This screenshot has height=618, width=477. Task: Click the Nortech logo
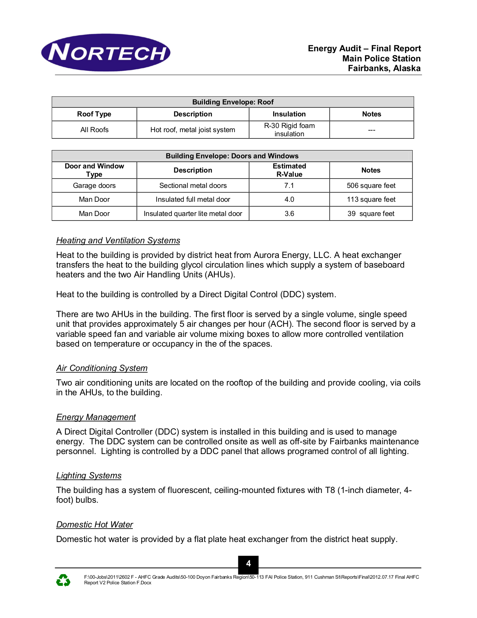(x=106, y=53)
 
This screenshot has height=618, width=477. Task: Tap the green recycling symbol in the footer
(x=63, y=580)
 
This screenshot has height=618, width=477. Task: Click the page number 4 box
(x=248, y=564)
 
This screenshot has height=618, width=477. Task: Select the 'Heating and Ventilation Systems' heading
(x=118, y=241)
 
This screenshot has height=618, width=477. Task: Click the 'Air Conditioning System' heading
(x=102, y=368)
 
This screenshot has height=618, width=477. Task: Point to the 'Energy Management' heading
(x=96, y=417)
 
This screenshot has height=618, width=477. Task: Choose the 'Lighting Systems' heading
(x=89, y=476)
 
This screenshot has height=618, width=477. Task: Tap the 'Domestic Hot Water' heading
(x=95, y=525)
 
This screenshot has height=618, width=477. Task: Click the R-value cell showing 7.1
(x=289, y=186)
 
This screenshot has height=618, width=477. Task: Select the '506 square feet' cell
(x=371, y=186)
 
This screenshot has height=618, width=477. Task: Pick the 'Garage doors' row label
(x=94, y=186)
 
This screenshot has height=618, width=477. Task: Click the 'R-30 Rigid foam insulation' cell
(x=289, y=130)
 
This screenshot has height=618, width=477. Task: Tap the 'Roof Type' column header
(x=94, y=114)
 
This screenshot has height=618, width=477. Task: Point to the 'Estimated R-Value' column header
(x=289, y=170)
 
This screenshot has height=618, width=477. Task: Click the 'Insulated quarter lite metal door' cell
(x=193, y=214)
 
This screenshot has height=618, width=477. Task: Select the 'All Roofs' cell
(x=94, y=130)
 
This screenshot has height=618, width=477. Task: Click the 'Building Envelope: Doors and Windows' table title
(x=232, y=156)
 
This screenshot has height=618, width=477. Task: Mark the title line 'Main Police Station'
(x=381, y=59)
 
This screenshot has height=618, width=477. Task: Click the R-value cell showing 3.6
(x=289, y=214)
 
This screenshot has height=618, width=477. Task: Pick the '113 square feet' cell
(x=371, y=200)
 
